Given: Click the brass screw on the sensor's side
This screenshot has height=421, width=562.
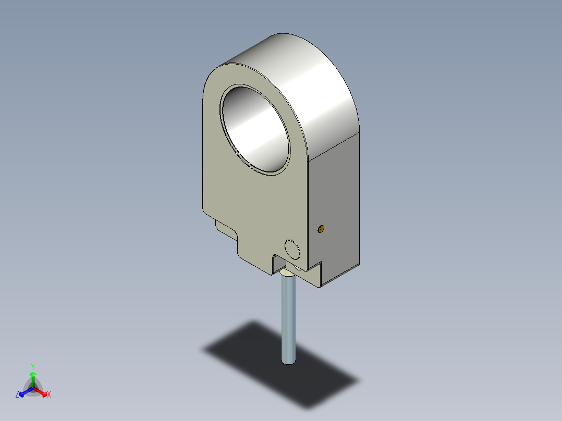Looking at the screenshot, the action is [321, 229].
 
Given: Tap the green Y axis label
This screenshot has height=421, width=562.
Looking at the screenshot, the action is [33, 366].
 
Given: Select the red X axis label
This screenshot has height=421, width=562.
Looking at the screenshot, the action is [49, 394].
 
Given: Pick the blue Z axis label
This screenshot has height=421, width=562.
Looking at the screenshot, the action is [17, 394].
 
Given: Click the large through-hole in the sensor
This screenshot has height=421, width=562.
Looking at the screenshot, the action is [255, 130].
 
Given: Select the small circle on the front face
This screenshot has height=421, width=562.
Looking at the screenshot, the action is [292, 250].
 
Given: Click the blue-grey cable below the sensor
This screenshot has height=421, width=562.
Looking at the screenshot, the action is [288, 319].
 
